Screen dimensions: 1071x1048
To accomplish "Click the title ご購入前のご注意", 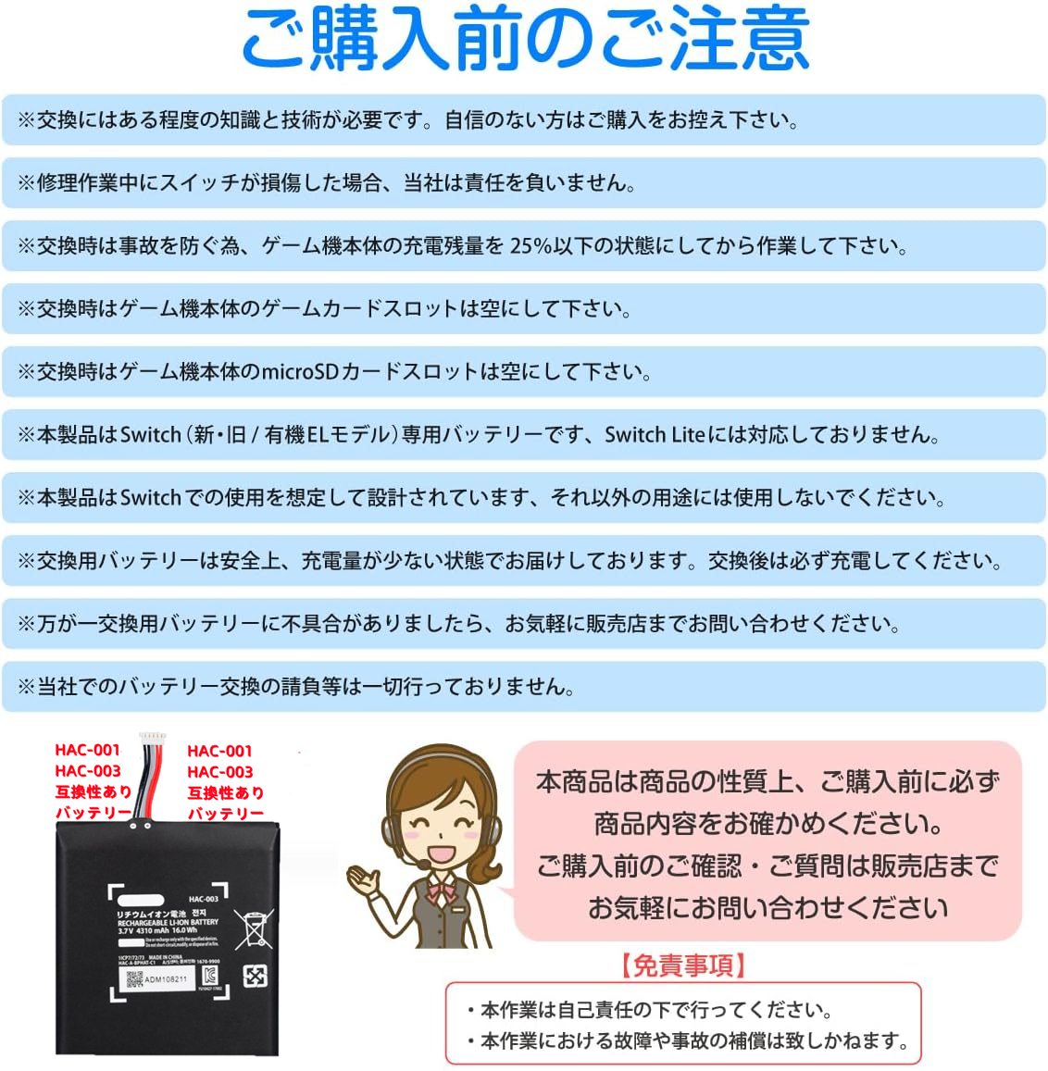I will tap(525, 39).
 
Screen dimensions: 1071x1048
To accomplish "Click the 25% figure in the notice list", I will tap(531, 246).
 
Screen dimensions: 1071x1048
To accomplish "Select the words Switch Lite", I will tap(655, 435).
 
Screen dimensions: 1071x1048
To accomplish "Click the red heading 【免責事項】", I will tap(683, 965).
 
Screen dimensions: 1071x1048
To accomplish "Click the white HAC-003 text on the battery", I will tap(203, 899).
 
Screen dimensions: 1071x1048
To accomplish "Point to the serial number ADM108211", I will tap(167, 978).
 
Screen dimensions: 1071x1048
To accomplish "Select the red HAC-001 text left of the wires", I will tap(87, 751).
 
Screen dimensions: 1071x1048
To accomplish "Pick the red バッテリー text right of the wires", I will tap(225, 814).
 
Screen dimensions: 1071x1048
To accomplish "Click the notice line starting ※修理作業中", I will tap(327, 183).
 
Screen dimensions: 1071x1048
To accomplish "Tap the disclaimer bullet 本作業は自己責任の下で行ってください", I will tap(655, 1010).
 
